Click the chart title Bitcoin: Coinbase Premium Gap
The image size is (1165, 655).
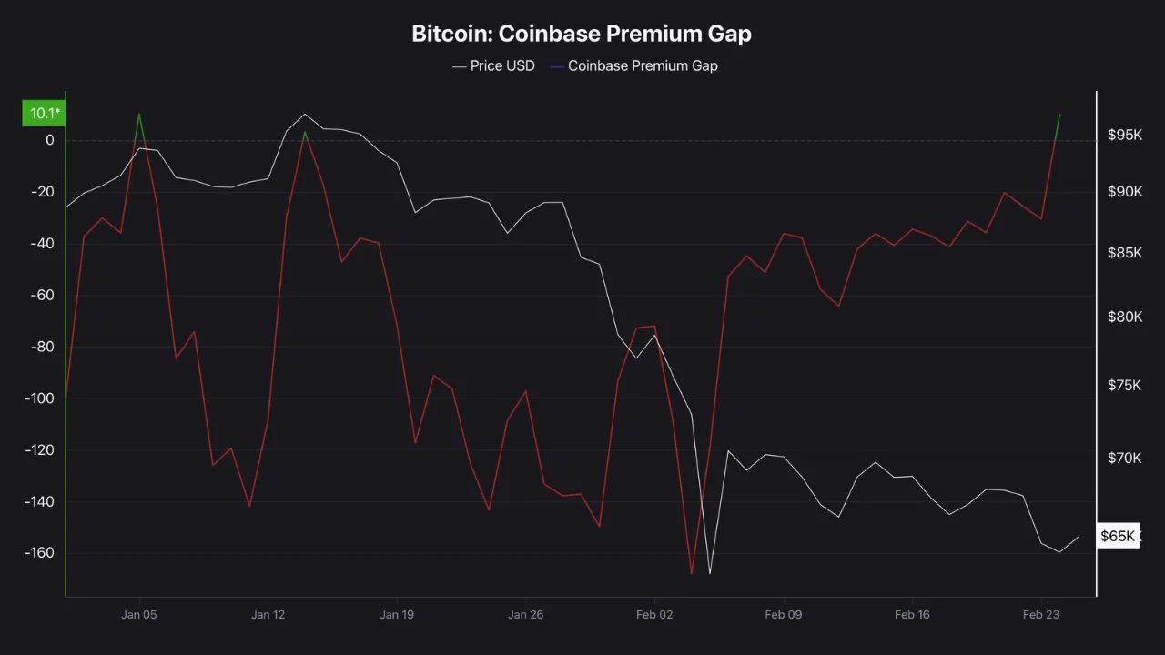click(582, 34)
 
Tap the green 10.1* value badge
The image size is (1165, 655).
click(44, 113)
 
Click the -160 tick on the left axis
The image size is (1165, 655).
click(41, 553)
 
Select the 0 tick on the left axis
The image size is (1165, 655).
click(50, 140)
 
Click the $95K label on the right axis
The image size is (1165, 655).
click(1124, 135)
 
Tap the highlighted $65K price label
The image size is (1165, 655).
click(1117, 536)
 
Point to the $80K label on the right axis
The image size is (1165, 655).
click(1124, 317)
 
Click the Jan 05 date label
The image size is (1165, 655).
click(138, 615)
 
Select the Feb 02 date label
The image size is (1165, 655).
click(654, 615)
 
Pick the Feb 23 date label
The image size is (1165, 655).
click(1041, 615)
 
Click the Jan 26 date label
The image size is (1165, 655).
click(525, 615)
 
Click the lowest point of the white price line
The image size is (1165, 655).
click(709, 573)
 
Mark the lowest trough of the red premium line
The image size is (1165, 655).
click(692, 574)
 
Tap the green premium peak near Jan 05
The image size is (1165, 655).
click(138, 114)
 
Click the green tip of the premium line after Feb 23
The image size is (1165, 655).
click(1059, 114)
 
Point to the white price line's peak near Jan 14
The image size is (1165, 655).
click(305, 114)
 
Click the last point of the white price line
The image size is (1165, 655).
click(1078, 537)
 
